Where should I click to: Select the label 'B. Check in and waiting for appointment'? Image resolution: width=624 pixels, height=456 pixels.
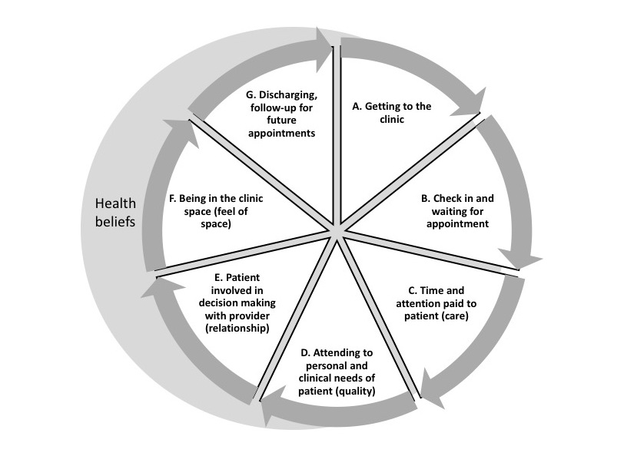click(x=458, y=211)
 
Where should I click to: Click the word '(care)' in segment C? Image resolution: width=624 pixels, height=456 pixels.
click(x=460, y=315)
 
